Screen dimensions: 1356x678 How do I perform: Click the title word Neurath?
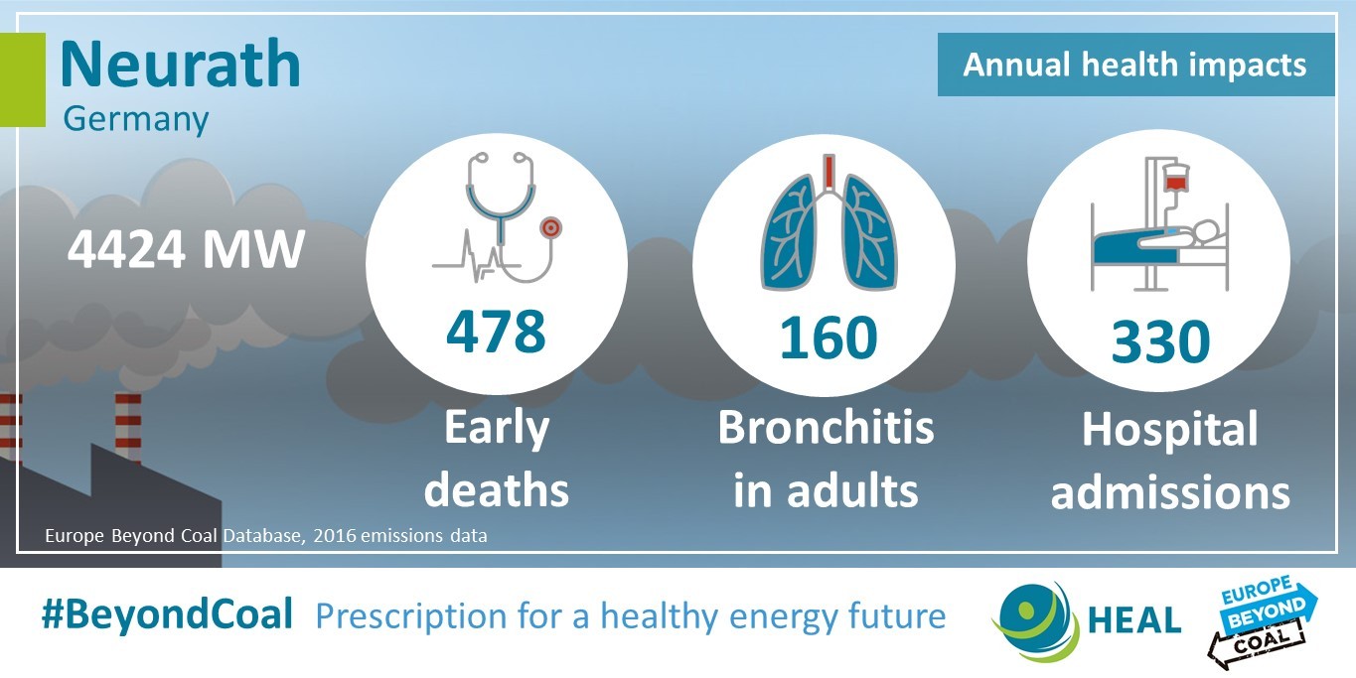tap(181, 64)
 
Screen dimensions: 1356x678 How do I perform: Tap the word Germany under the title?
tap(135, 119)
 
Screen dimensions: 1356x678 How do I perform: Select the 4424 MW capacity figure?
tap(185, 248)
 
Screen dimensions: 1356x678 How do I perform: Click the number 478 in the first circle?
tap(496, 331)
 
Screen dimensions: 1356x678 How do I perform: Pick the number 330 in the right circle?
tap(1160, 341)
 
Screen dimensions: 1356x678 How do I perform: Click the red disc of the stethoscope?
tap(551, 228)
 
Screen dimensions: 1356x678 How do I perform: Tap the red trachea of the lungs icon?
tap(829, 173)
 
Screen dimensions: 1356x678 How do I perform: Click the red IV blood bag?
tap(1175, 182)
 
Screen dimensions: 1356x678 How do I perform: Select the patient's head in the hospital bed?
tap(1205, 231)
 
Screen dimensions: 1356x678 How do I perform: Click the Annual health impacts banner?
tap(1135, 65)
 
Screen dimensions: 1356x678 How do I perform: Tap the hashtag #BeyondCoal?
tap(167, 613)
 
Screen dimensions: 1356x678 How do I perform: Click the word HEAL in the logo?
tap(1134, 619)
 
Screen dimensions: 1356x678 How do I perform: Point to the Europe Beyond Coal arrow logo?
tap(1263, 622)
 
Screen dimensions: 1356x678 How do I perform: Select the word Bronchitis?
tap(827, 428)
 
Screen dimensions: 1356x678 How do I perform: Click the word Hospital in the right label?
tap(1169, 431)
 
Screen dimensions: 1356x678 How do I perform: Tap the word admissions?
tap(1170, 492)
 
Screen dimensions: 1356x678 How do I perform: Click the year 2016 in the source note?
tap(335, 536)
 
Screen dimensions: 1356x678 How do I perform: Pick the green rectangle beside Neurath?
tap(23, 79)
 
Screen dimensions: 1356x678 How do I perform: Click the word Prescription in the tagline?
tap(411, 616)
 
